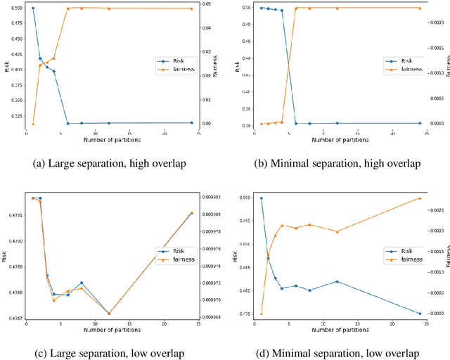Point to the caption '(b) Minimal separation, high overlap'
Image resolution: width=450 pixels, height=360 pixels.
(338, 163)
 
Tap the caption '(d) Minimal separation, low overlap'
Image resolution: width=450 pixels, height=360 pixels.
(338, 352)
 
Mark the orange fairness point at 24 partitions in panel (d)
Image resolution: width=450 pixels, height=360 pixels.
(420, 198)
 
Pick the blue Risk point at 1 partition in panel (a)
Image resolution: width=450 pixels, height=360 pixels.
(33, 8)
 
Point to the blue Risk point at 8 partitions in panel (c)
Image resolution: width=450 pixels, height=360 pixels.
(82, 283)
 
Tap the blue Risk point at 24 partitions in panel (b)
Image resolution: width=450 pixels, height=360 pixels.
(420, 123)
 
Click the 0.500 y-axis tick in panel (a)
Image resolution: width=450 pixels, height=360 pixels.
(16, 8)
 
